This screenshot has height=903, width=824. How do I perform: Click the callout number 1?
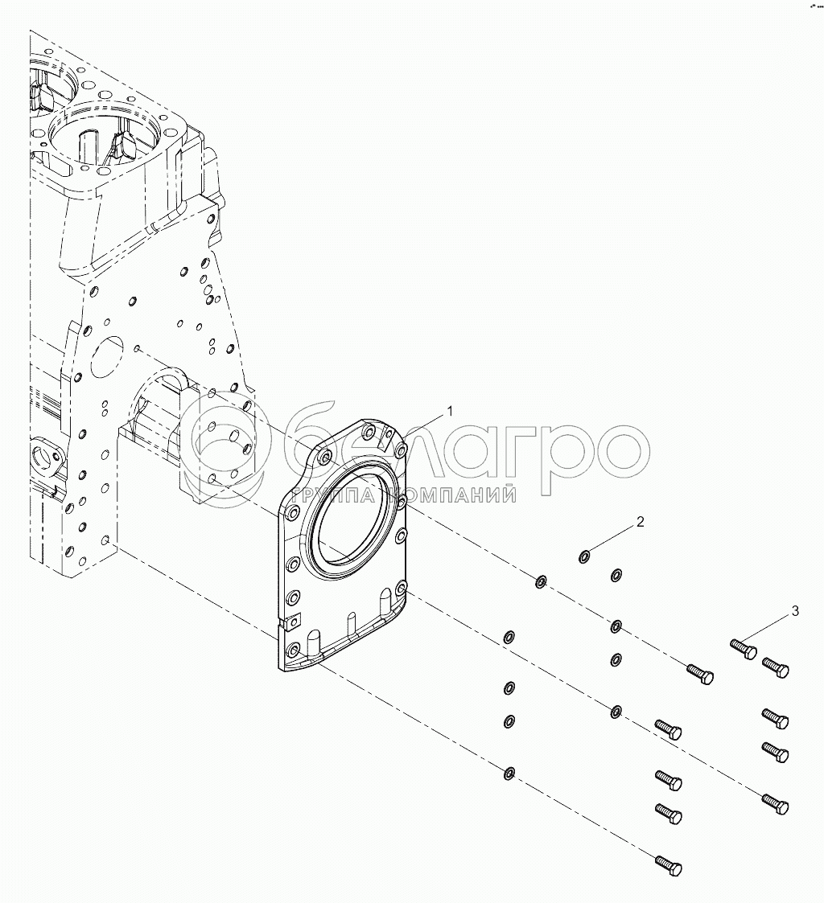(451, 411)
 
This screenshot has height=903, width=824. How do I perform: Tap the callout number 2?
(641, 522)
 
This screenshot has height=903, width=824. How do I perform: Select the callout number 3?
(795, 612)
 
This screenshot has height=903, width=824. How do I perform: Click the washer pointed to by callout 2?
(585, 556)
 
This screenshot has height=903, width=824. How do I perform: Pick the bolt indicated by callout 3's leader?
(744, 647)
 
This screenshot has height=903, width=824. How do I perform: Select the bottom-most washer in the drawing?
(509, 774)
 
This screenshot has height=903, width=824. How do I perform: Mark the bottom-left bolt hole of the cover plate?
(292, 648)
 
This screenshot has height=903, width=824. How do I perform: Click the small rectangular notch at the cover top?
(386, 439)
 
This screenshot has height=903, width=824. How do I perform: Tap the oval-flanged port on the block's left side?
(44, 458)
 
